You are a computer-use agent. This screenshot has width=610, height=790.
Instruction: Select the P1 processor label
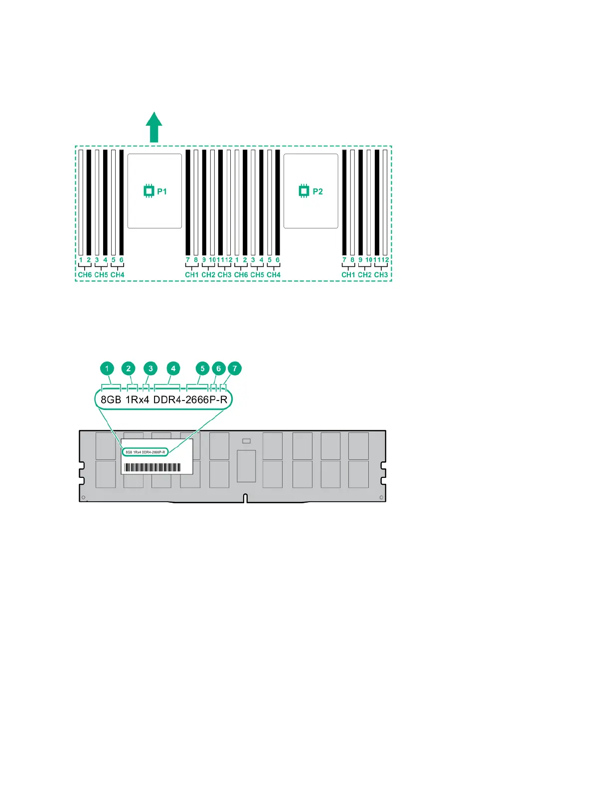(155, 192)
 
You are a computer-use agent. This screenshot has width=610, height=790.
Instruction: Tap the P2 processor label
(311, 192)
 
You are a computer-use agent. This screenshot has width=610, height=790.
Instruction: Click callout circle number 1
(107, 369)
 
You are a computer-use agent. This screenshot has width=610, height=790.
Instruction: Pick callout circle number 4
(173, 369)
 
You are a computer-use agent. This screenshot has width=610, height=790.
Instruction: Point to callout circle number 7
(235, 369)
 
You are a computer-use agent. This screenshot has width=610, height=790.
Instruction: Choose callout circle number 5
(202, 369)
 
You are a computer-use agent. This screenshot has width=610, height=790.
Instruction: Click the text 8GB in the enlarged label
(111, 399)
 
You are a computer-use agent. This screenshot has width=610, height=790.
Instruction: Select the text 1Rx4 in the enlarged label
(137, 399)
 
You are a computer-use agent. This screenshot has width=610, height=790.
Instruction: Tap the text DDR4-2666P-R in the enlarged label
(190, 399)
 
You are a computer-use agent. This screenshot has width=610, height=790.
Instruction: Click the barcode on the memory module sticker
(152, 467)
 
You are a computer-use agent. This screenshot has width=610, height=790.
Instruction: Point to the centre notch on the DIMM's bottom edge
(246, 498)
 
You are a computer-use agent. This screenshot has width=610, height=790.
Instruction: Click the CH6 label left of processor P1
(85, 275)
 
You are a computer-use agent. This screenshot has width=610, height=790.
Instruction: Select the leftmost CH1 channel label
(192, 275)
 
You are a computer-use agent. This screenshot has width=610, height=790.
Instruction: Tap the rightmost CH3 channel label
(381, 275)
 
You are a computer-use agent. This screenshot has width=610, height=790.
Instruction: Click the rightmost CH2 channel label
(364, 275)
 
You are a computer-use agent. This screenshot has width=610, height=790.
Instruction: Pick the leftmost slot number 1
(81, 260)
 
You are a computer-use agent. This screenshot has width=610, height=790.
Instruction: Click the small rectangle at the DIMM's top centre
(246, 441)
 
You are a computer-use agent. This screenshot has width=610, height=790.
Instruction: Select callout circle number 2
(129, 369)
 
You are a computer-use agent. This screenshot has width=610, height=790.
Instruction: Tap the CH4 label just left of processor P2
(274, 275)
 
